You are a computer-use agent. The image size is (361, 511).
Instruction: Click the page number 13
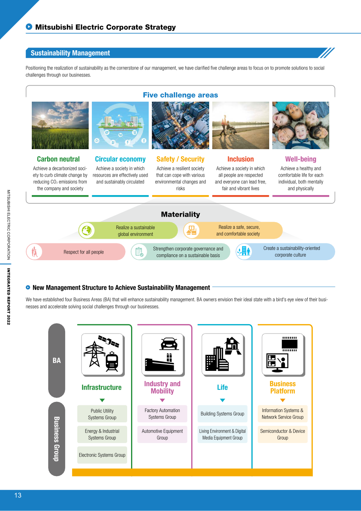tap(18, 495)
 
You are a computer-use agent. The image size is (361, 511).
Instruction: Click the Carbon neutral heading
tap(58, 159)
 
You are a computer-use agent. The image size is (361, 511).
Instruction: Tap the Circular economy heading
tap(120, 159)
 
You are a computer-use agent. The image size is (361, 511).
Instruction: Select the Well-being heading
tap(301, 159)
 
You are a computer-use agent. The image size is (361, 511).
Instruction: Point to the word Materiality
tap(180, 214)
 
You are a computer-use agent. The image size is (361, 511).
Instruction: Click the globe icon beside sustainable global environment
tap(87, 230)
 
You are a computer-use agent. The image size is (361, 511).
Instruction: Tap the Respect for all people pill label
tap(84, 252)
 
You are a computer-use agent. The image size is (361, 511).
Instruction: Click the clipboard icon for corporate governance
tap(139, 252)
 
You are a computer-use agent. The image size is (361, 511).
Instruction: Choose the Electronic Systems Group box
tap(102, 455)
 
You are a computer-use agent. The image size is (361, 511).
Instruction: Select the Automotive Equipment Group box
tap(162, 434)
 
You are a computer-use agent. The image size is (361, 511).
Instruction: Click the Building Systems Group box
tap(222, 414)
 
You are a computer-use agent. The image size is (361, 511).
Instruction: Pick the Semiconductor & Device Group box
tap(283, 434)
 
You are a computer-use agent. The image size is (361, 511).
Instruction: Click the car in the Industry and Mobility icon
tap(169, 343)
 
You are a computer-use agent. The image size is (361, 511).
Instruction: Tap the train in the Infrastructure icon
tap(112, 361)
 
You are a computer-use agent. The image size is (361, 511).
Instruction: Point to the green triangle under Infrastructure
tap(102, 400)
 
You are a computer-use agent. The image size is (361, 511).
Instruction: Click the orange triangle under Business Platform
tap(283, 400)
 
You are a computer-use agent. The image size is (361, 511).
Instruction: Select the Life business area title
tap(222, 387)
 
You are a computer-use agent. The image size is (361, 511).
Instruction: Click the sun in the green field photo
tap(42, 117)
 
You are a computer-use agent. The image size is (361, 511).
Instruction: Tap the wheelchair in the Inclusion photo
tap(231, 130)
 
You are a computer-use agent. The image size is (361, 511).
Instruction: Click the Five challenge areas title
tap(180, 95)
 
